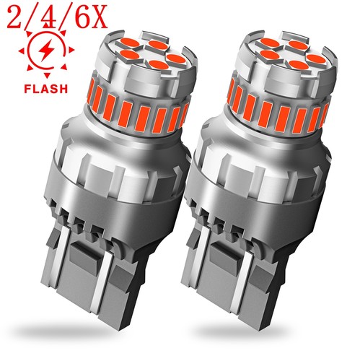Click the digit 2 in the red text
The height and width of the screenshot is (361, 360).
(15, 17)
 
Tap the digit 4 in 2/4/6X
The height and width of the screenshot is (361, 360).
(48, 17)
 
